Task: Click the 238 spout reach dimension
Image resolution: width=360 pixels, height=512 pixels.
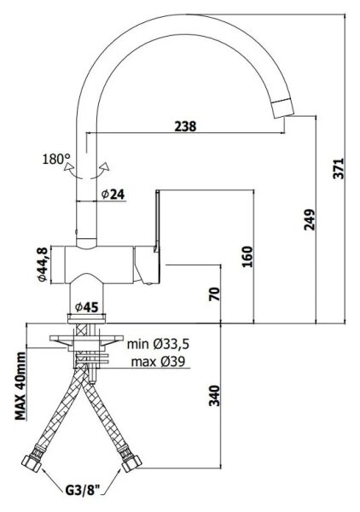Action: click(x=185, y=126)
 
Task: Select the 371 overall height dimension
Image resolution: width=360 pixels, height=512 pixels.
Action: click(x=339, y=168)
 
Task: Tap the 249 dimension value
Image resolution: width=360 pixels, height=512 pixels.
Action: click(x=310, y=220)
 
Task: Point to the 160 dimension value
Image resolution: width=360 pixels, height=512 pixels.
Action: click(x=247, y=257)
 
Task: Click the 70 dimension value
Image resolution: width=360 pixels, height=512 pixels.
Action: click(x=214, y=294)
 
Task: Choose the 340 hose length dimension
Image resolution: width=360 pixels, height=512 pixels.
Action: click(x=214, y=396)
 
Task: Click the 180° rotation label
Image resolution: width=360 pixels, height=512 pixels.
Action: click(x=56, y=160)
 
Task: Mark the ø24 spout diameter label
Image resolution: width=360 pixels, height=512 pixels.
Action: click(x=113, y=195)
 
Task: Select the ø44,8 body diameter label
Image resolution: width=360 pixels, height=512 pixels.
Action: click(x=43, y=265)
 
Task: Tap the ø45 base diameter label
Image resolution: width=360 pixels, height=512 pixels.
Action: click(x=86, y=307)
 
